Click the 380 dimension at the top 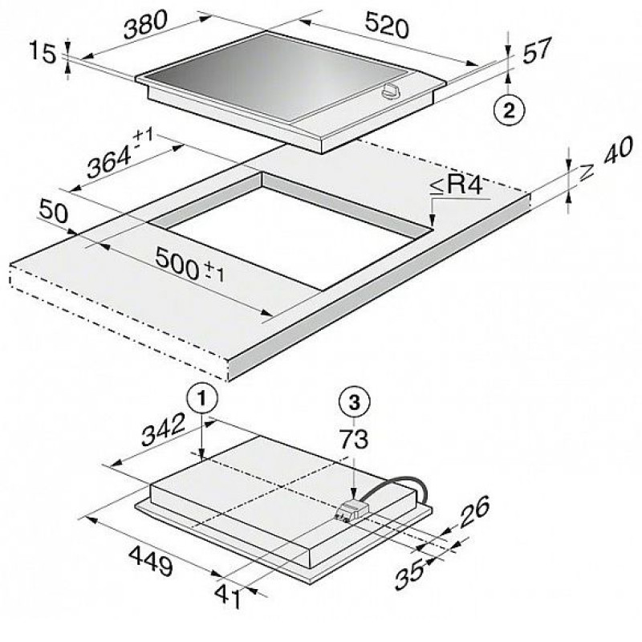click(145, 25)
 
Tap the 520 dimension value click(387, 25)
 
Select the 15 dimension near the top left click(42, 53)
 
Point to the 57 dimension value click(537, 50)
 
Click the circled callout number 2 click(509, 110)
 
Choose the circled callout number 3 click(354, 402)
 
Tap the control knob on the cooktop click(392, 91)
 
